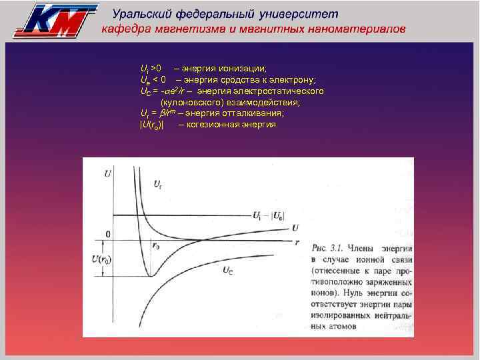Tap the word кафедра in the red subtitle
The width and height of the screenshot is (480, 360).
[x=128, y=30]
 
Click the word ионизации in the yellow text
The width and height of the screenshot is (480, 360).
[x=241, y=69]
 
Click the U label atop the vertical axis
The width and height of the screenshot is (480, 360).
[x=107, y=175]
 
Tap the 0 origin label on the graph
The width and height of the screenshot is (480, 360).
[x=106, y=235]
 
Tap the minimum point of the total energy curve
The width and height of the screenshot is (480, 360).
[x=151, y=275]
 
